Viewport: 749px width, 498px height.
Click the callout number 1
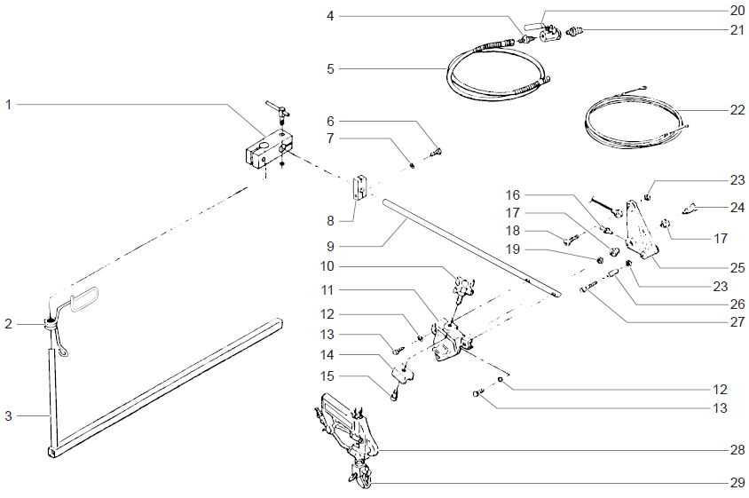click(x=8, y=105)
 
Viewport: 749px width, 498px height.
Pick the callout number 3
click(x=8, y=415)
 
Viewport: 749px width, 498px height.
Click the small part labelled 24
click(x=688, y=209)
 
